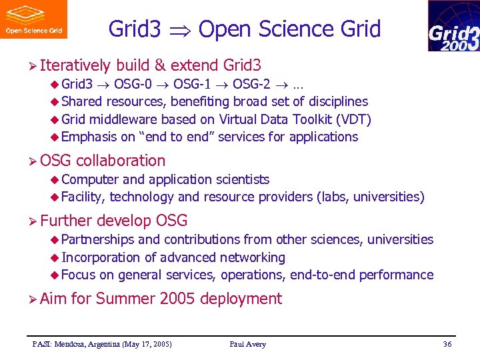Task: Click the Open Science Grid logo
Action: click(33, 19)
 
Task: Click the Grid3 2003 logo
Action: click(453, 26)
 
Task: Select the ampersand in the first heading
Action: click(159, 65)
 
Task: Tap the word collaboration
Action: click(121, 161)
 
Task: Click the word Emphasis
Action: click(89, 137)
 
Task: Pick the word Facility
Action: click(83, 197)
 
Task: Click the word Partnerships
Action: click(97, 239)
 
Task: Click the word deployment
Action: click(241, 299)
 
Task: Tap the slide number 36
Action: click(447, 344)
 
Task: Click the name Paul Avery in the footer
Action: click(247, 344)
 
